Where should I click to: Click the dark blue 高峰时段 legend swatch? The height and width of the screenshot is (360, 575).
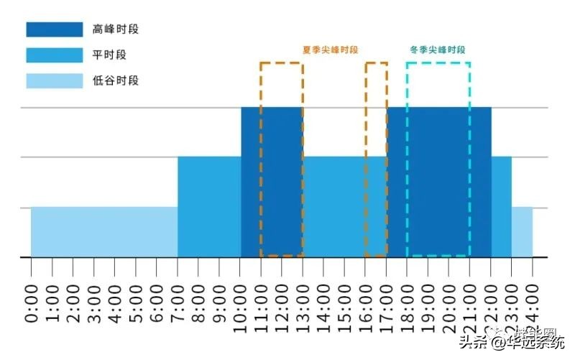[55, 29]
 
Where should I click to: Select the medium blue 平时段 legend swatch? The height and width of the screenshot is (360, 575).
[55, 55]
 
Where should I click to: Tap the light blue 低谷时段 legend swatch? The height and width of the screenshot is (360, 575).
[55, 80]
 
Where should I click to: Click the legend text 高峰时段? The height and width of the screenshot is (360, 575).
[116, 29]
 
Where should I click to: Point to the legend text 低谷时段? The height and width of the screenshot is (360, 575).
[116, 80]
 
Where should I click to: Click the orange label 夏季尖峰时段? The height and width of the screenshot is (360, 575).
[330, 50]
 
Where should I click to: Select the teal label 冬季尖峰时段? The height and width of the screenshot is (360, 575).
[437, 50]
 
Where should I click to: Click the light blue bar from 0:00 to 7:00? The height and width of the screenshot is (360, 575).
[104, 231]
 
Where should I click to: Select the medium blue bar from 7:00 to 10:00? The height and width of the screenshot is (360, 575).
[209, 206]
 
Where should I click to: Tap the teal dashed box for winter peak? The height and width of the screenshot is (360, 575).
[438, 158]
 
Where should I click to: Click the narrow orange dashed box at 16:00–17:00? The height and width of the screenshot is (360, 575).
[376, 158]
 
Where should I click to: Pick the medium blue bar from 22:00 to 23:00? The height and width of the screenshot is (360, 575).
[501, 206]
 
